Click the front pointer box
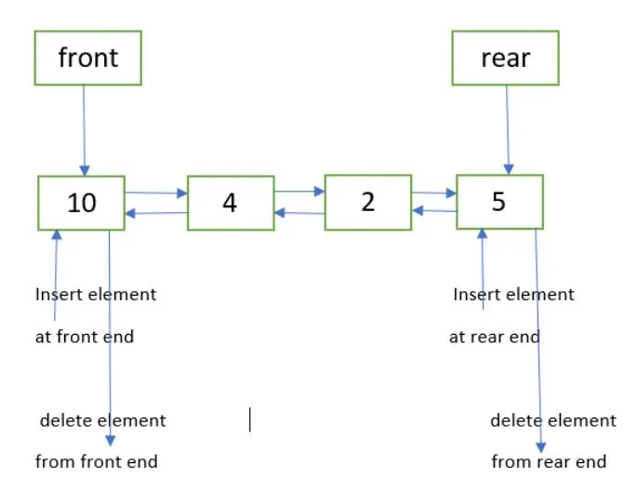87,58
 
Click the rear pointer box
505,58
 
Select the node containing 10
82,203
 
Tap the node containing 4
231,202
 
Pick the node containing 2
367,202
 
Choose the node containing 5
499,202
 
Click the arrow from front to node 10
84,130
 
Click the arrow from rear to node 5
507,130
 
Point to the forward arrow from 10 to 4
156,193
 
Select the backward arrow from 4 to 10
156,213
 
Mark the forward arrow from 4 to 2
299,192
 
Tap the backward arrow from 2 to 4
299,213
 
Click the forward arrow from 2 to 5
434,193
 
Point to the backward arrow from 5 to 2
434,211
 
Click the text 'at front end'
85,337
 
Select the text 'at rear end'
494,337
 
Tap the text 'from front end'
97,461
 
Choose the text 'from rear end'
549,461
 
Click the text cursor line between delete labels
249,420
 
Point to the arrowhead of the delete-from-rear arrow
540,446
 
